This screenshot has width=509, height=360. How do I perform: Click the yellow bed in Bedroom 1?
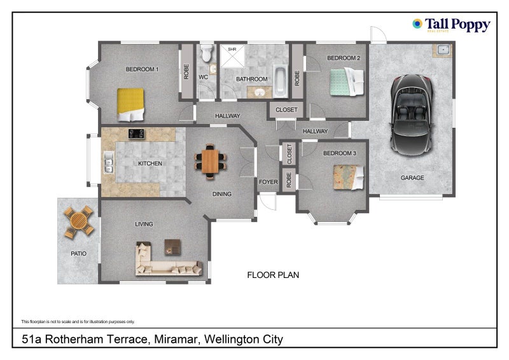pyautogui.click(x=131, y=104)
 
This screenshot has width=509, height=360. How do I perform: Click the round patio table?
pyautogui.click(x=78, y=222)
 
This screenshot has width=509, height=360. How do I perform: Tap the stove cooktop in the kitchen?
pyautogui.click(x=136, y=134)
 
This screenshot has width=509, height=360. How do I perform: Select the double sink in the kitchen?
pyautogui.click(x=108, y=163)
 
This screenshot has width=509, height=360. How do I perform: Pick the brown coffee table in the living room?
pyautogui.click(x=172, y=246)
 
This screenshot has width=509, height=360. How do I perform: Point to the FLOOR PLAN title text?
pyautogui.click(x=272, y=275)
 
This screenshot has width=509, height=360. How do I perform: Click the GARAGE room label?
pyautogui.click(x=412, y=177)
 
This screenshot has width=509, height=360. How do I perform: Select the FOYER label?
pyautogui.click(x=268, y=182)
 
